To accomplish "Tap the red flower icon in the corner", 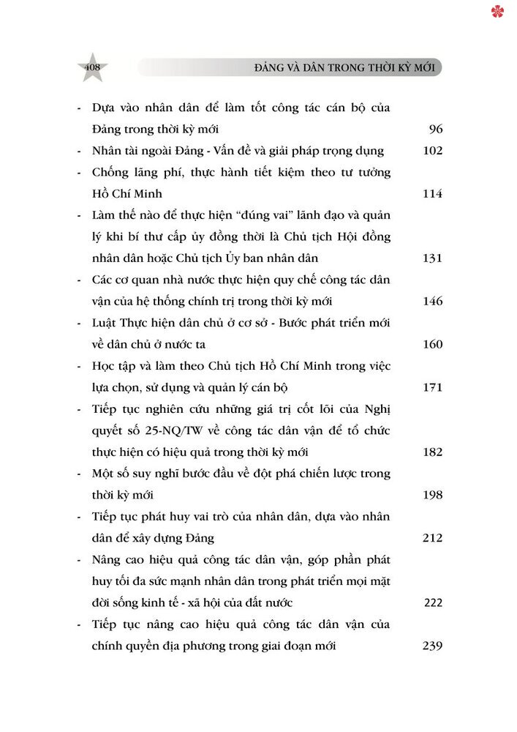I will pos(497,11).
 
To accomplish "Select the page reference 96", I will pos(436,130).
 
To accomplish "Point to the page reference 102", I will pos(432,151).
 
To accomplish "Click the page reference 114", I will pos(432,194).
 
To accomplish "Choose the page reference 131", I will pos(432,258).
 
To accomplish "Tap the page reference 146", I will pos(432,301).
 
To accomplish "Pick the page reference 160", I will pos(432,344).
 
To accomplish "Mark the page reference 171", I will pos(432,387).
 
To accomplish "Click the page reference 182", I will pos(432,452).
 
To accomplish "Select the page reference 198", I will pos(432,495).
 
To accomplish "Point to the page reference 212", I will pos(432,538).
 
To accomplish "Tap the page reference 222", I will pos(434,602).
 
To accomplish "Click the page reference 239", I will pos(432,646).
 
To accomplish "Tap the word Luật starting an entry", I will pos(106,323).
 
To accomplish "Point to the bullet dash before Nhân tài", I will pos(78,152).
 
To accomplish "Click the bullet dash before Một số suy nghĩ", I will pos(78,474).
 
